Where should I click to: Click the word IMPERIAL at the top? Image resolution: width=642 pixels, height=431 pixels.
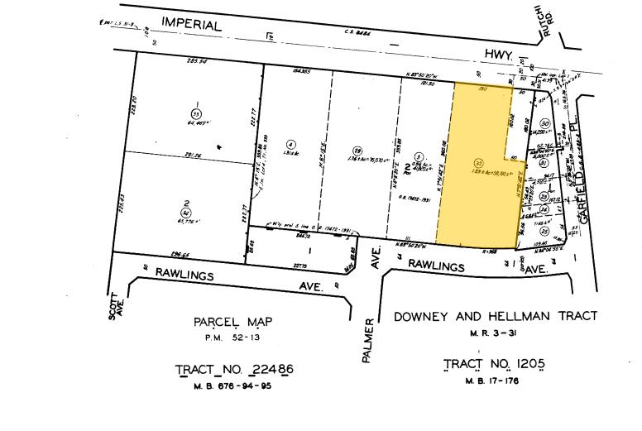[192, 25]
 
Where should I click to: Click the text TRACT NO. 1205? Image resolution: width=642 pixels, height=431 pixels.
[494, 363]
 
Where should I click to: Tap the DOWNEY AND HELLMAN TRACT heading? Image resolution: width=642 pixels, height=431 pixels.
[496, 316]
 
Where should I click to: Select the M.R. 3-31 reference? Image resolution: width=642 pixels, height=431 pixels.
[494, 332]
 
